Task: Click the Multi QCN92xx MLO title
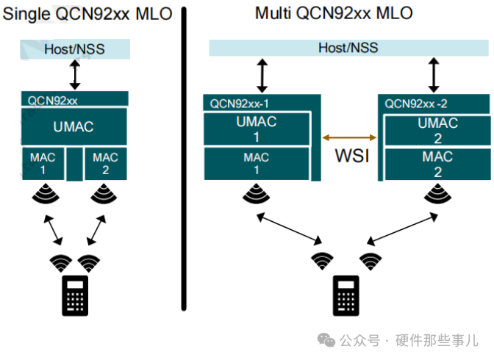click(334, 13)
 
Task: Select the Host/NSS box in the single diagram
click(75, 49)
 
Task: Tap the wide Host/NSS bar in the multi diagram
click(348, 48)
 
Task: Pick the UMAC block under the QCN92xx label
click(74, 126)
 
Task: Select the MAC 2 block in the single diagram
click(105, 163)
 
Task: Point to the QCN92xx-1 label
click(239, 103)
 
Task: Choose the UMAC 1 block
click(257, 129)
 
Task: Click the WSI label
click(350, 156)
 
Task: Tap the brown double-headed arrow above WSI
click(350, 137)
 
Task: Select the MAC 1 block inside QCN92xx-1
click(257, 163)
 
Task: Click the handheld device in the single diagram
click(74, 295)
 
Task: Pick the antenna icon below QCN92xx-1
click(257, 194)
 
